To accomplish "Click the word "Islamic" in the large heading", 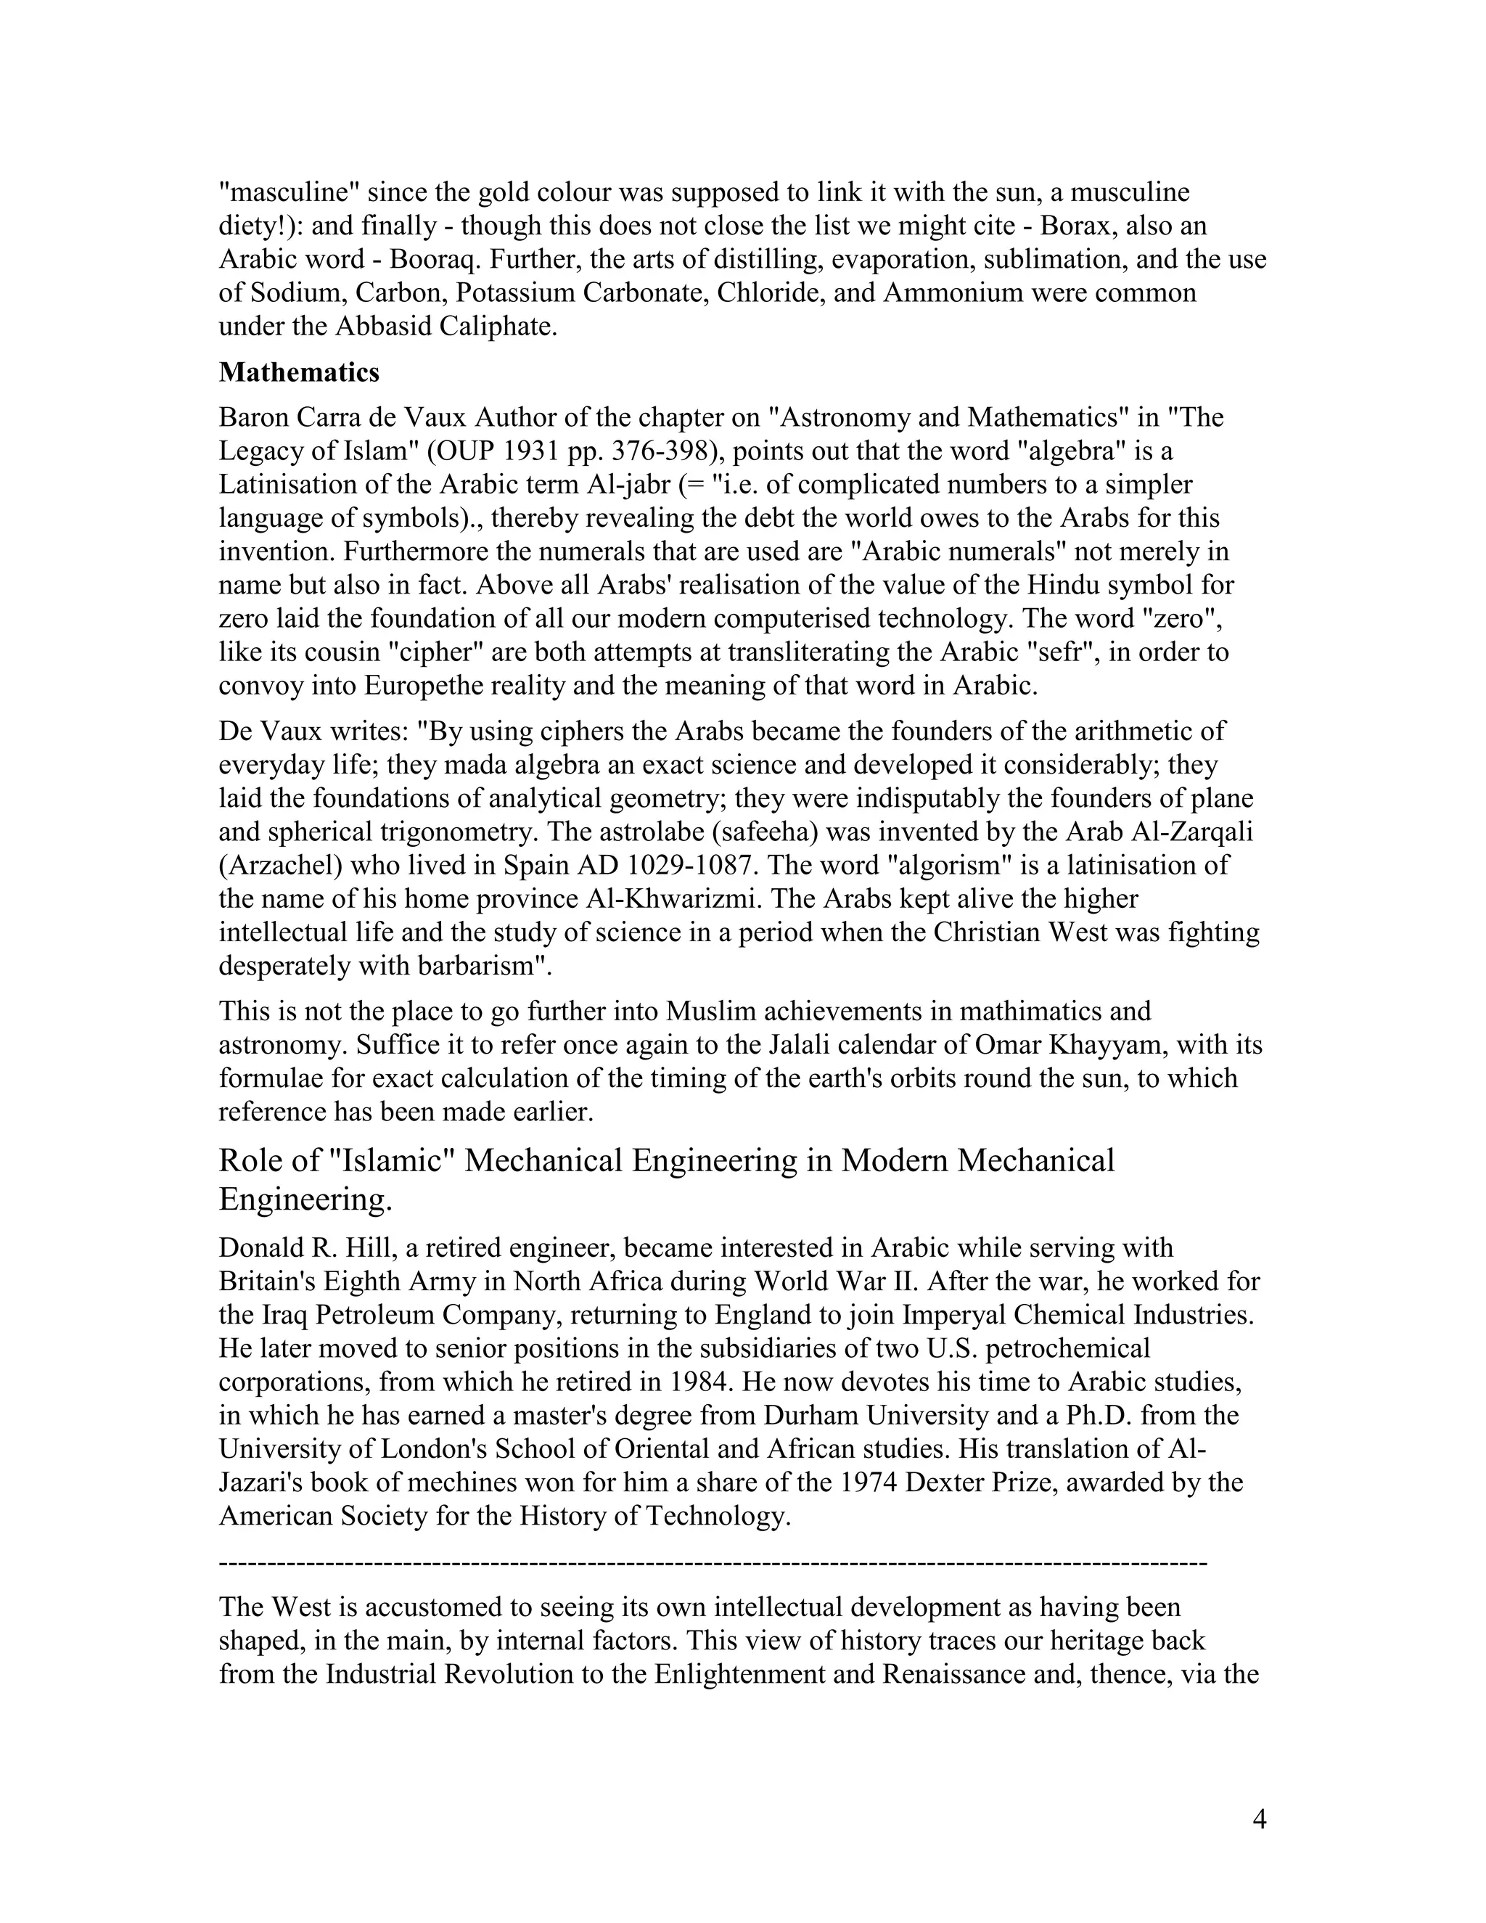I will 391,1160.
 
